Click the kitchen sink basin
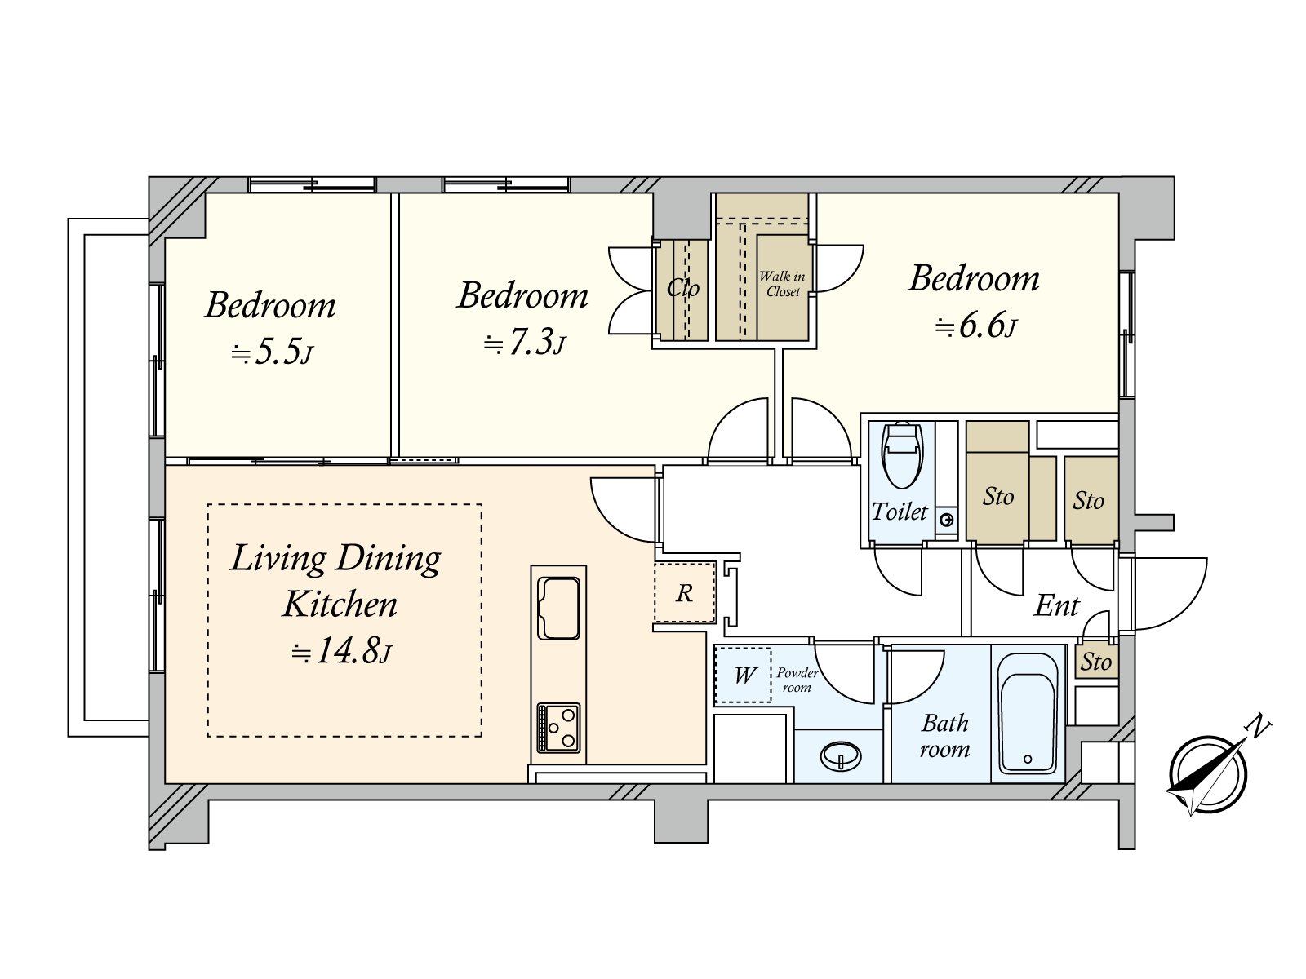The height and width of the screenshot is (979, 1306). click(558, 608)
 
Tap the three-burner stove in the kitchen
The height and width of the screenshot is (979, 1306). click(558, 728)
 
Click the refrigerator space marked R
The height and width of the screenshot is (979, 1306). click(684, 592)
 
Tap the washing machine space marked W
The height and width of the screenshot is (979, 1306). click(743, 676)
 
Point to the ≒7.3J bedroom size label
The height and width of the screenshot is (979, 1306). click(525, 343)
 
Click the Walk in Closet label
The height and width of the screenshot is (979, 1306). click(783, 284)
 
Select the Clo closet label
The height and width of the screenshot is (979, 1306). click(682, 288)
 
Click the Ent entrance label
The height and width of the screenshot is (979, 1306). click(1057, 606)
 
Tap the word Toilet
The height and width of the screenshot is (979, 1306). click(900, 512)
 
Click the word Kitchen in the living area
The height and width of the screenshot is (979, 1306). click(340, 605)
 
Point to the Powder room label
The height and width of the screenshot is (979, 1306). click(797, 680)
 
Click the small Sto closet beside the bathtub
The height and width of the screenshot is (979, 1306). click(1096, 662)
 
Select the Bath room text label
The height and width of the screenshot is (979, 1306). click(945, 737)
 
